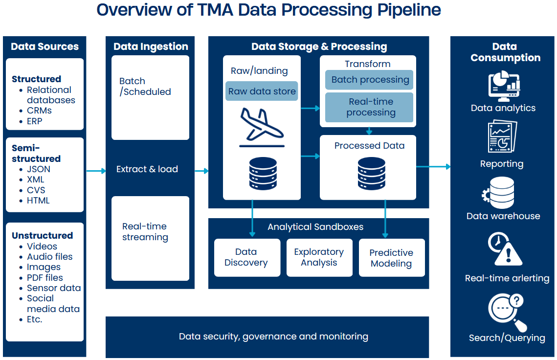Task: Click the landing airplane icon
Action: pos(262,128)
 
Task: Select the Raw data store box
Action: pos(262,91)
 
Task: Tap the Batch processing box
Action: pos(370,80)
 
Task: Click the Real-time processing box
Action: pos(370,107)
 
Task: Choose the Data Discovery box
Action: pos(247,257)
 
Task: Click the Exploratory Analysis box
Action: pos(319,257)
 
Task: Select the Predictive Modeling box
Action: pos(391,258)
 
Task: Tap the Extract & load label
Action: pos(147,169)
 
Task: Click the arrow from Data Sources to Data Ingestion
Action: pos(96,171)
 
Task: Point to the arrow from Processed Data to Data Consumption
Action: pos(433,167)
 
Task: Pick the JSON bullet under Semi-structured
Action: pos(38,169)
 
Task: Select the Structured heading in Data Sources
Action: pos(36,79)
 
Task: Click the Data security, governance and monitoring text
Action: pos(273,337)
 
